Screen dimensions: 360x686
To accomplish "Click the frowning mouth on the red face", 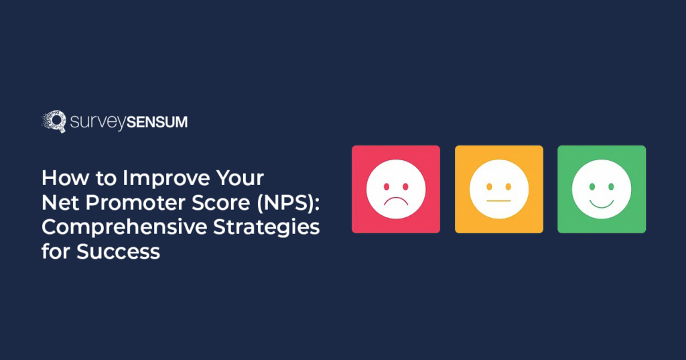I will click(396, 200).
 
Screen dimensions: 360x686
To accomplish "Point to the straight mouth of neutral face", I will click(498, 200).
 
